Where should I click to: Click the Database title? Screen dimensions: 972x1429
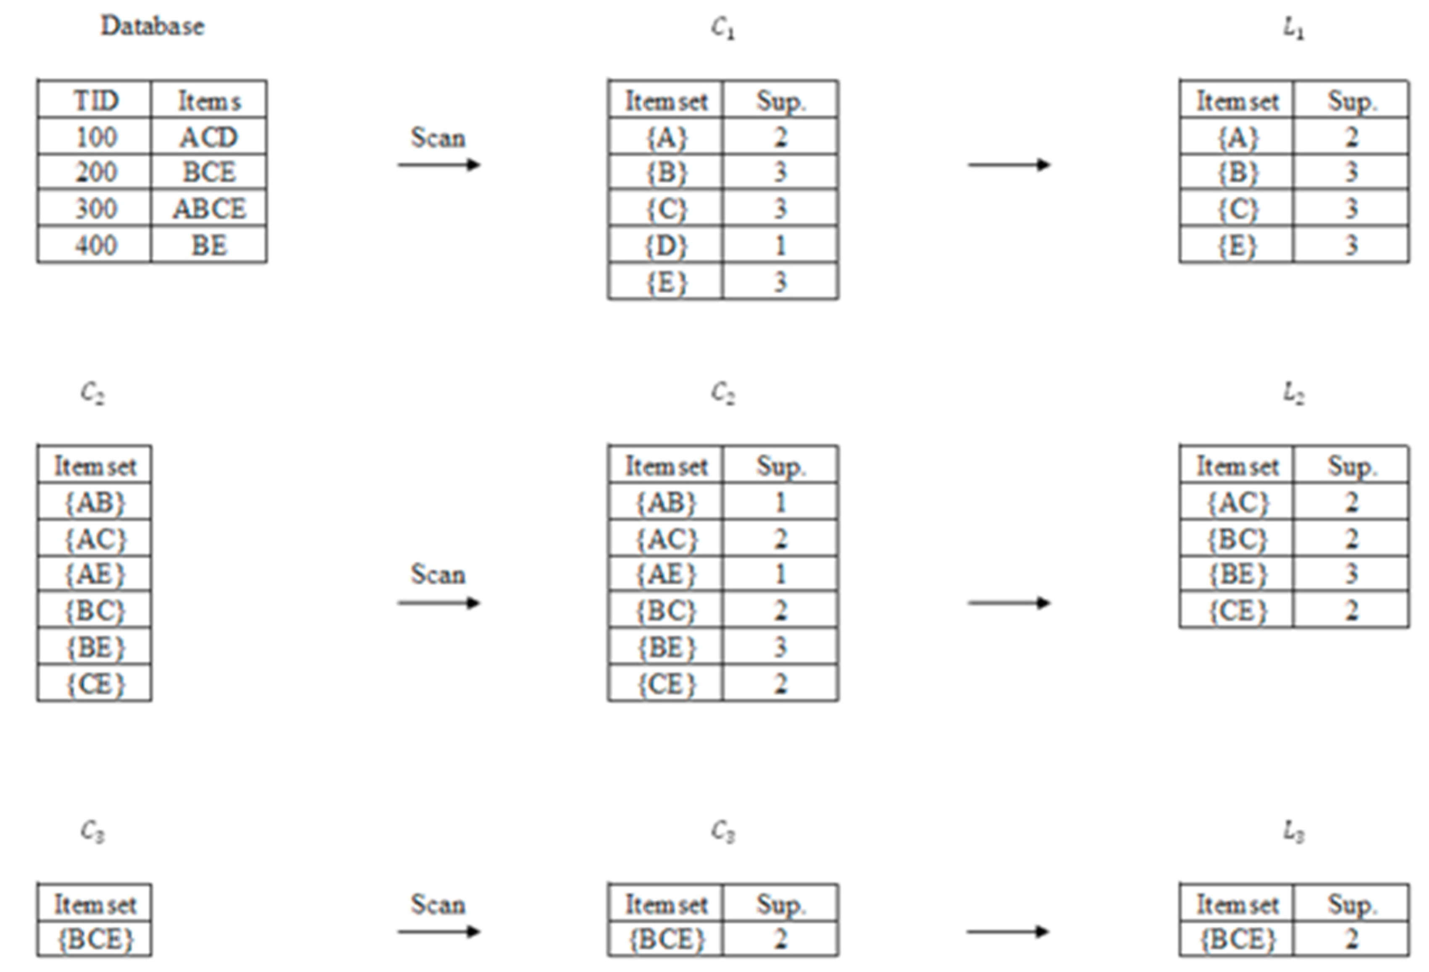pos(152,26)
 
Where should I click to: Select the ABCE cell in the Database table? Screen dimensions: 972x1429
pos(209,208)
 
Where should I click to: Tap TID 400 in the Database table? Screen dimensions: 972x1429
pos(95,245)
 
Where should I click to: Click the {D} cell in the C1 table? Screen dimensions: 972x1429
pos(666,245)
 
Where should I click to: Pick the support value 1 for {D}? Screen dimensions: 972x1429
pos(780,245)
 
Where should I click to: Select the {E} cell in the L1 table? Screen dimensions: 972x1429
pos(1237,245)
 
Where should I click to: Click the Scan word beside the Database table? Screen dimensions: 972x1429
pos(438,138)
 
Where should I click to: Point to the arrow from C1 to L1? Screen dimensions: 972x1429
pos(1009,165)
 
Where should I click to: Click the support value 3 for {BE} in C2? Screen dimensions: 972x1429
pos(780,647)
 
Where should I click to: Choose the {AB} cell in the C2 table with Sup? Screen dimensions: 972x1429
pos(666,503)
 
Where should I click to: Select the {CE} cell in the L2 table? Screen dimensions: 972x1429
pos(1237,610)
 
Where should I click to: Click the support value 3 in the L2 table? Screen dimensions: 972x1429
pos(1351,574)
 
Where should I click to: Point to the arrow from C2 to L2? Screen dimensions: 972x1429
pos(1009,603)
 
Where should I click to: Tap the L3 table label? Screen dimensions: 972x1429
pos(1294,832)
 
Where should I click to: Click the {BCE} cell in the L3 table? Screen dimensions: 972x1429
pos(1237,939)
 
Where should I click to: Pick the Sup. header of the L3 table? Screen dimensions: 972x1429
pos(1351,904)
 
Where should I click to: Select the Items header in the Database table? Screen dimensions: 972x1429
pos(209,101)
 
